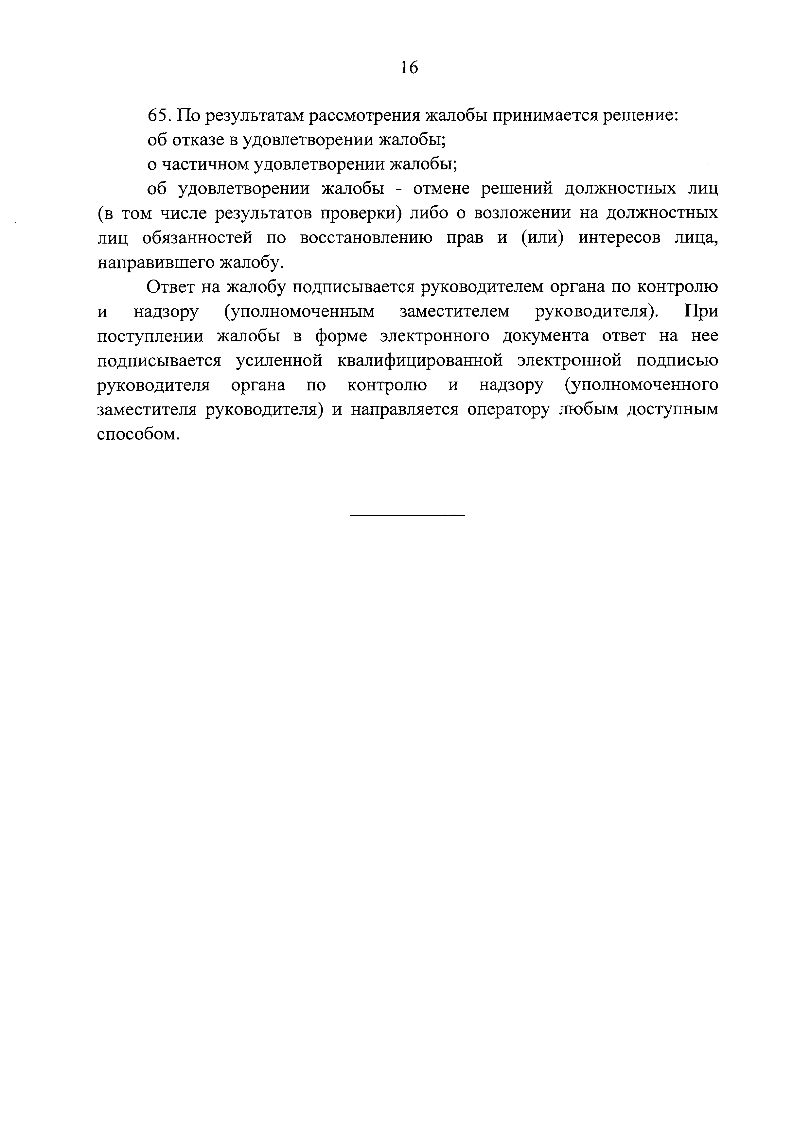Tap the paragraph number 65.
pos(159,115)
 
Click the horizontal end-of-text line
pos(408,515)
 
